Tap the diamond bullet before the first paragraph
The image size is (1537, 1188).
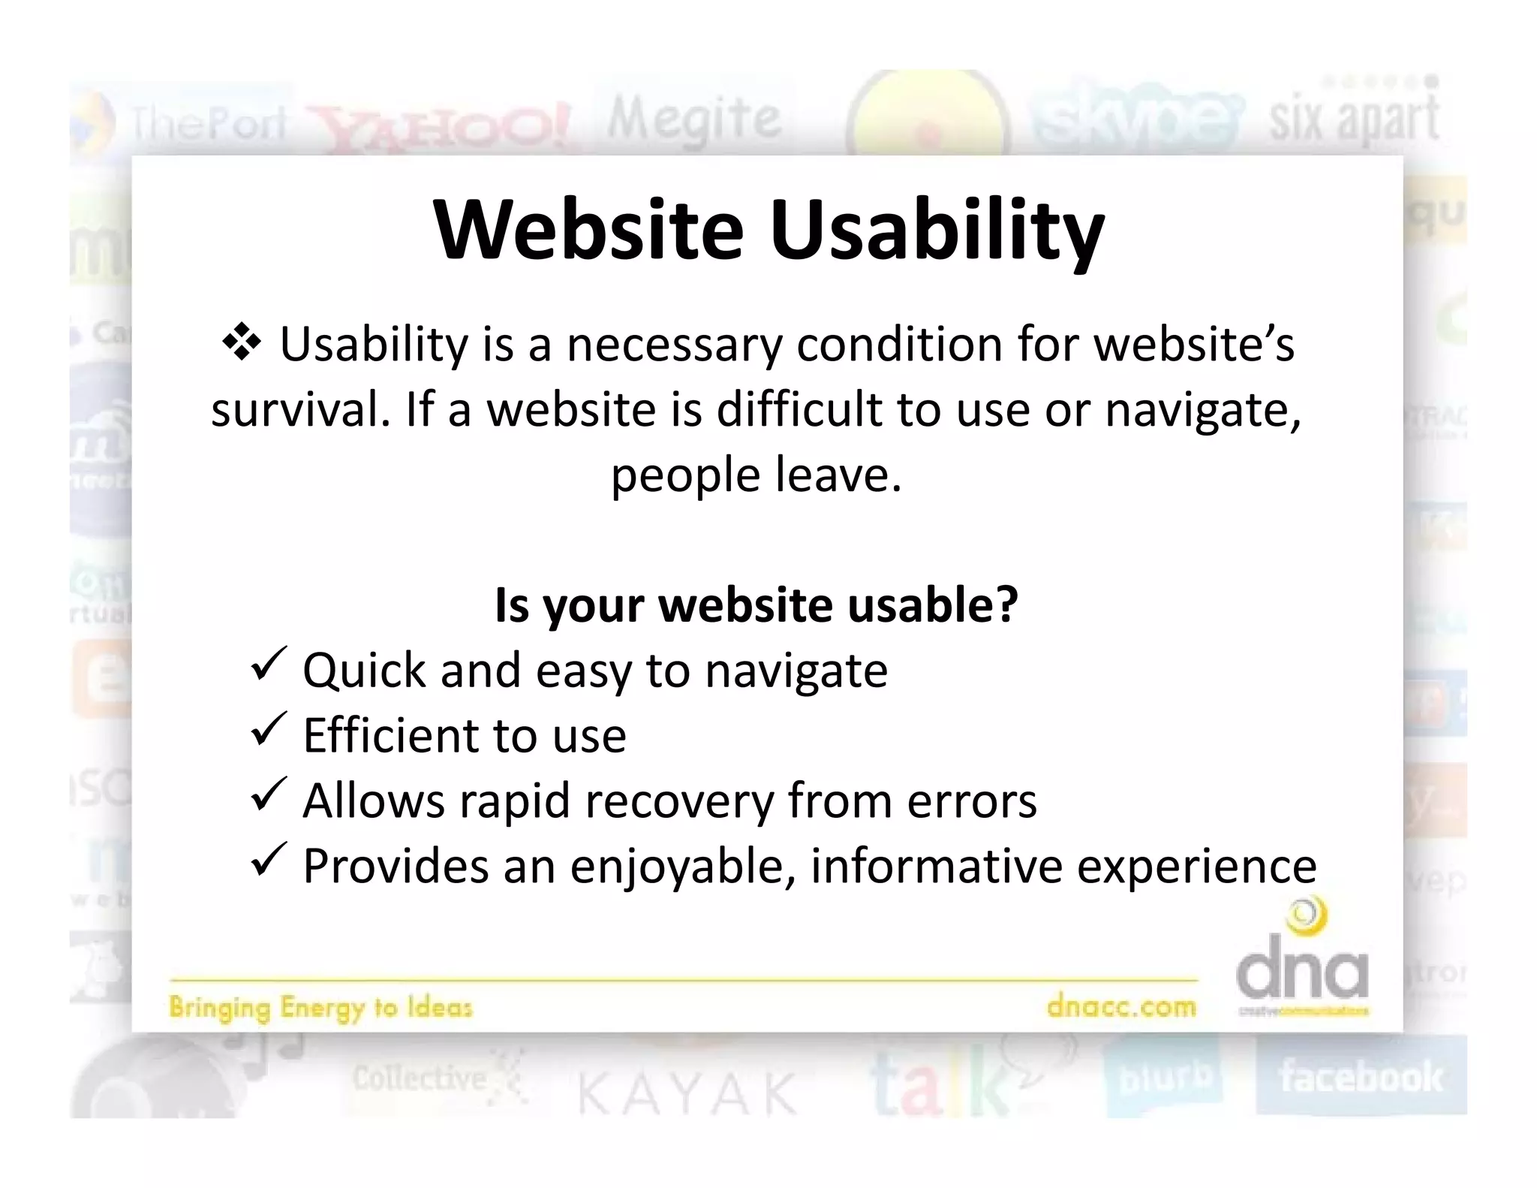(x=242, y=344)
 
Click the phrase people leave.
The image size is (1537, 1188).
(x=756, y=475)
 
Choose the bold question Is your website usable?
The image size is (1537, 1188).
(x=756, y=605)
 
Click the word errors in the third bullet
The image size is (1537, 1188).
(x=972, y=801)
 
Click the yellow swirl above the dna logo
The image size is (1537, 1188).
(x=1307, y=917)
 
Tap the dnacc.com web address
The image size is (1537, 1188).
(x=1121, y=1006)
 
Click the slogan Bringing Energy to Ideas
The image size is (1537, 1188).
(x=320, y=1007)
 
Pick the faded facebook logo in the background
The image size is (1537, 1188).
(x=1361, y=1077)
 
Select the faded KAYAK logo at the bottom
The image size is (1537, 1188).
(x=687, y=1093)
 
